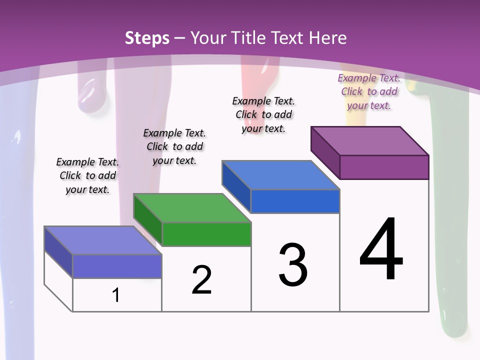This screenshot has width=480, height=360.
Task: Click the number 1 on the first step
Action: coord(116,295)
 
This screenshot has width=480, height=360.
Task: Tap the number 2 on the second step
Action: coord(201,279)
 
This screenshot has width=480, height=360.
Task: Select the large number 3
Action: coord(292,265)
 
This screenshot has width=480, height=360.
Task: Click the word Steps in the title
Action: coord(147,38)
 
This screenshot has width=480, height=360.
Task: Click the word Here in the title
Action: coord(328,38)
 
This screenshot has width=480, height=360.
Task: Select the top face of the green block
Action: coord(192,207)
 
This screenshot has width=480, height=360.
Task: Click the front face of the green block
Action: coord(206,234)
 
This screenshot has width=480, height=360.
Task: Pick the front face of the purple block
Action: coord(384,167)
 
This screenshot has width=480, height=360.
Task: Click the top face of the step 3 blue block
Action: coord(281,175)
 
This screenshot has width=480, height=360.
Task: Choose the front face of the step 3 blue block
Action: coord(295,201)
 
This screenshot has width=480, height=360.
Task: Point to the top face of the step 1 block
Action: coord(103,240)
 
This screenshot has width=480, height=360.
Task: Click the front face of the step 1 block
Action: coord(117,266)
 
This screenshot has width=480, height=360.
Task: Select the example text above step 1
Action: coord(87,175)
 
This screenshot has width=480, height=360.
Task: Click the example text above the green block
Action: coord(174,146)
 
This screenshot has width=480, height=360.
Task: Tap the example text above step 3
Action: coord(263,114)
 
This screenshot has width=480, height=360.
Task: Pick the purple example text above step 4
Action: coord(369,91)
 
